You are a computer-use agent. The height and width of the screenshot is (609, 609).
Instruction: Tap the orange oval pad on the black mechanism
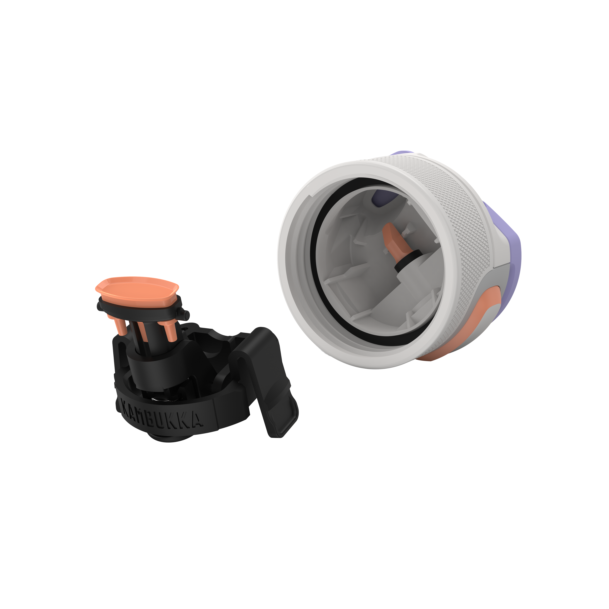137,288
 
